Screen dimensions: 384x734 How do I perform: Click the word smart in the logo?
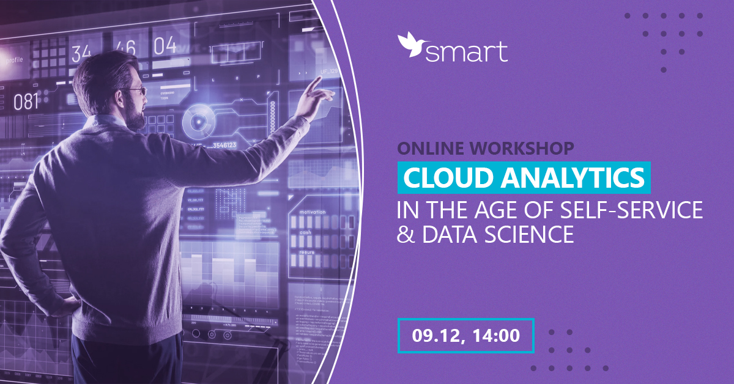click(466, 52)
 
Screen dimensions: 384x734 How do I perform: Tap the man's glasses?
click(136, 90)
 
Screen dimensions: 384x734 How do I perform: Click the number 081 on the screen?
click(26, 102)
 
